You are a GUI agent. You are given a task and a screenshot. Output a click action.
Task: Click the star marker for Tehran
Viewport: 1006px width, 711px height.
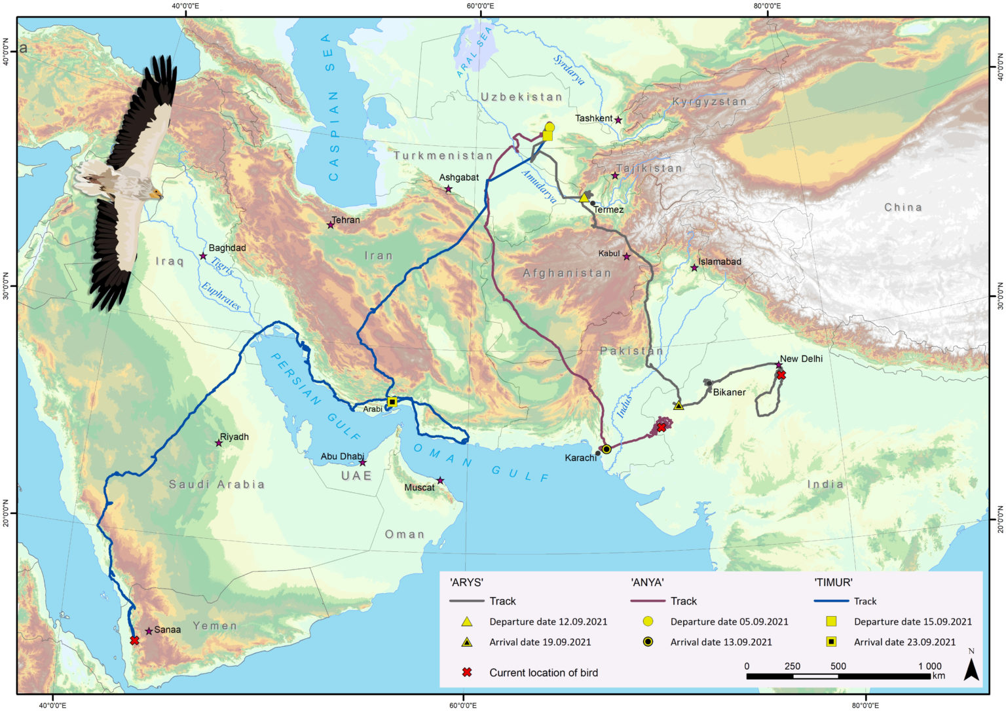click(x=331, y=225)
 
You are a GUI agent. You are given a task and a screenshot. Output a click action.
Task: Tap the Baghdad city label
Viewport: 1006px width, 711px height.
click(x=227, y=248)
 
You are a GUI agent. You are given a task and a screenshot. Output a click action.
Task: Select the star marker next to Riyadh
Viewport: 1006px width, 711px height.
click(x=219, y=443)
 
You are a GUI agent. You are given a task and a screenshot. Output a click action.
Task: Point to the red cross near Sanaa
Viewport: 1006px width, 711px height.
click(x=134, y=640)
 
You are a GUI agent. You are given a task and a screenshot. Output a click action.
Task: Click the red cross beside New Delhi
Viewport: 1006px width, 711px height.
click(x=781, y=375)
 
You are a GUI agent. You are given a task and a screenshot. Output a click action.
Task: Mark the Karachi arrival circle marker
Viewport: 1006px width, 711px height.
click(x=606, y=449)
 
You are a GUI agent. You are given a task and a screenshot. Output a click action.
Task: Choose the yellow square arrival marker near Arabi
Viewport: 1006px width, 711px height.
click(x=392, y=402)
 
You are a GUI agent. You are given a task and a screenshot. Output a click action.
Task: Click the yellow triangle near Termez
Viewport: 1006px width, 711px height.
click(x=584, y=198)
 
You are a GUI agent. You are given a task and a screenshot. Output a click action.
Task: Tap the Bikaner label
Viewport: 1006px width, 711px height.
click(x=729, y=392)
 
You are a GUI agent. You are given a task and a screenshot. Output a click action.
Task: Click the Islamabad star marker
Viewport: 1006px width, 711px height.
click(x=694, y=268)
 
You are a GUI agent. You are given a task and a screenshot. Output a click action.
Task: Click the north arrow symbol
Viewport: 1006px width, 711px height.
click(x=971, y=668)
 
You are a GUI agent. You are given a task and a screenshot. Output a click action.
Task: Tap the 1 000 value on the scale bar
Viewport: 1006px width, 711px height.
click(x=929, y=666)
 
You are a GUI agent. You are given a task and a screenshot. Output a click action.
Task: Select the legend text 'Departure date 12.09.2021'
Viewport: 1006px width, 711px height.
click(x=548, y=622)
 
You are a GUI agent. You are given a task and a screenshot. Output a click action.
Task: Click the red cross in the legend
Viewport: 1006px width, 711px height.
click(x=467, y=672)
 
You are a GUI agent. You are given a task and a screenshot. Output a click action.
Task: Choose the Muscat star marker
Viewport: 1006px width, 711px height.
click(x=440, y=481)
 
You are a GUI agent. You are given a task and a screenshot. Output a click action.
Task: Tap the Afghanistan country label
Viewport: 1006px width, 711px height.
click(x=567, y=273)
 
